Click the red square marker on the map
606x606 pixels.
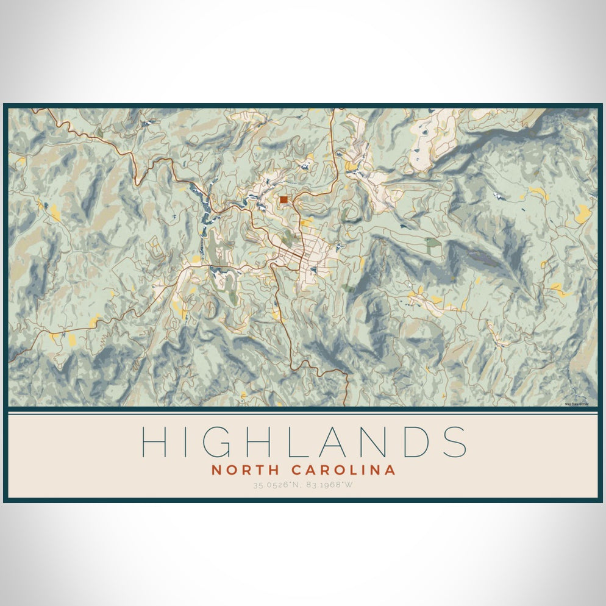(283, 199)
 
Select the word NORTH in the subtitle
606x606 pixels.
(241, 470)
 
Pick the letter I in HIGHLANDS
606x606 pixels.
(190, 441)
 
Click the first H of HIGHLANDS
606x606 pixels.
(155, 441)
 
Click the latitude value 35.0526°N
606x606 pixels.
(276, 486)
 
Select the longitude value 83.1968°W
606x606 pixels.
(329, 486)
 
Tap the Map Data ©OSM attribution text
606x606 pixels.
(576, 403)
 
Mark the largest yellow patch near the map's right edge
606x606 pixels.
(583, 213)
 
